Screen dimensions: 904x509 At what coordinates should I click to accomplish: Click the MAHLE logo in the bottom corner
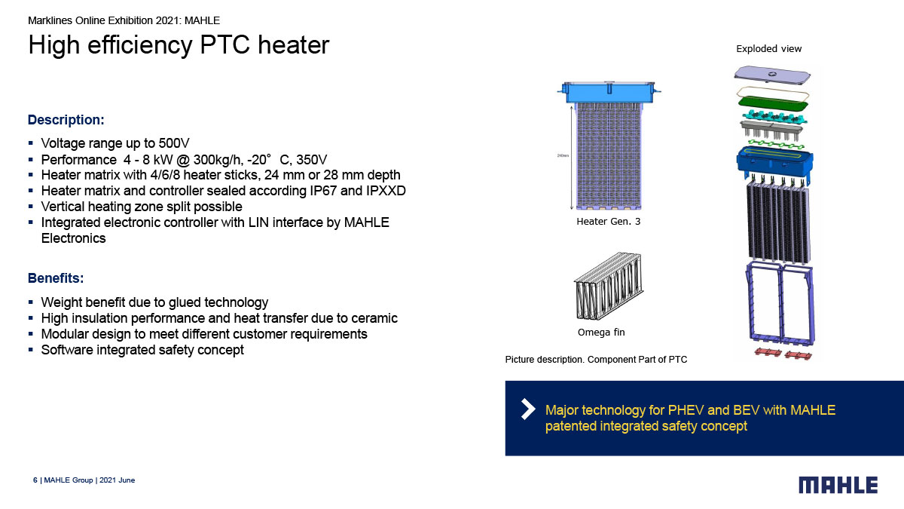tap(838, 485)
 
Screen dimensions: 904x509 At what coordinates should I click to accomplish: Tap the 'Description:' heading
tap(66, 120)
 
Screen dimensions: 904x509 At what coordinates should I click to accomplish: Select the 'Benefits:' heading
tap(56, 278)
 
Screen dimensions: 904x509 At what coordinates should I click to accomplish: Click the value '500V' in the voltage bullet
tap(173, 143)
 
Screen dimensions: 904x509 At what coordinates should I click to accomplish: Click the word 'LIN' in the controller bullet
tap(258, 222)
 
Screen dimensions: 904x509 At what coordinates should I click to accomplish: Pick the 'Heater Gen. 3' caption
tap(608, 222)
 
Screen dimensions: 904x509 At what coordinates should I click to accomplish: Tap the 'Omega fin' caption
tap(601, 333)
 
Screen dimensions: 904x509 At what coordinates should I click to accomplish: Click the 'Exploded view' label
tap(769, 49)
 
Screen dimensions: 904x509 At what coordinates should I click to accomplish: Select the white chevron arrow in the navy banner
tap(529, 409)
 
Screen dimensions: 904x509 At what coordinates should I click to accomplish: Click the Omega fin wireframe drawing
tap(609, 286)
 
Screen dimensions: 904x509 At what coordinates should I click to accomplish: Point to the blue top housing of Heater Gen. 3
tap(609, 92)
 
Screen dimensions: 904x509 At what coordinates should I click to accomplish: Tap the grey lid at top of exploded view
tap(772, 75)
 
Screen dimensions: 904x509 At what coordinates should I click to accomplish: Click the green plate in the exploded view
tap(773, 105)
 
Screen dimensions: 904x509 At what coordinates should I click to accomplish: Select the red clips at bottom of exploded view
tap(783, 354)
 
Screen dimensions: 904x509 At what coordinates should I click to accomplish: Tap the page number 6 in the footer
tap(35, 480)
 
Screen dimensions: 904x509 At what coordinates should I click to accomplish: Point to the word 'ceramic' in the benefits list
tap(374, 318)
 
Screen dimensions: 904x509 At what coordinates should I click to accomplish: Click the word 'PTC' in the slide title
tap(224, 44)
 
